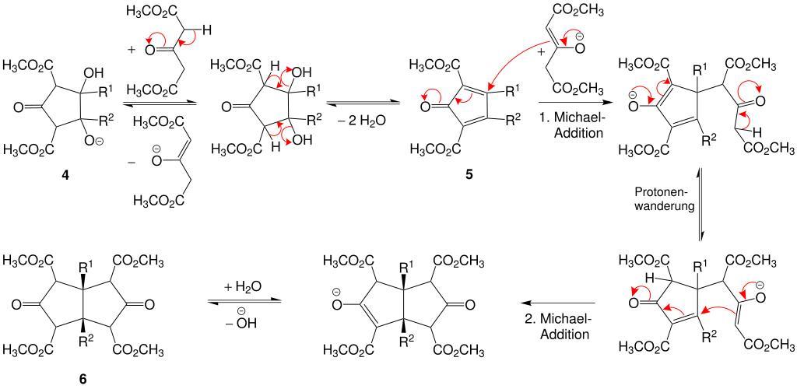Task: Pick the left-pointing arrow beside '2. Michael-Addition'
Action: [x=557, y=303]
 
